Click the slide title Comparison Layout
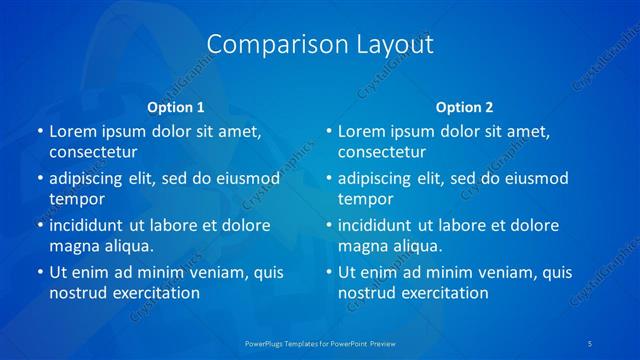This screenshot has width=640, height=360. (x=320, y=44)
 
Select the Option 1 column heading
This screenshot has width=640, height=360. (x=176, y=106)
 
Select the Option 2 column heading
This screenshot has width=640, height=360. (x=464, y=106)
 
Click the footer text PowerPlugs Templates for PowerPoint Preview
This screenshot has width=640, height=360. (x=320, y=343)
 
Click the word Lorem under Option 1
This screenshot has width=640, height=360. (x=74, y=131)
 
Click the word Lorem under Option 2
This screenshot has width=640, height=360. (x=363, y=131)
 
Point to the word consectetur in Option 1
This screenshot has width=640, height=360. (x=93, y=152)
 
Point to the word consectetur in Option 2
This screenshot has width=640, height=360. (x=382, y=152)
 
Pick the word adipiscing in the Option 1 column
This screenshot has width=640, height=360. (x=89, y=179)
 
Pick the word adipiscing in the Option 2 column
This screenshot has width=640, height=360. (x=378, y=179)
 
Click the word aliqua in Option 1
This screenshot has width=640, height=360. (x=126, y=246)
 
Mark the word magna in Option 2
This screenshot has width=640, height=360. (x=362, y=246)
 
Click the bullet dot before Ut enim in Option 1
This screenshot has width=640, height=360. (x=39, y=272)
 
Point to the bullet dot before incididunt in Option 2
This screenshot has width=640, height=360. (x=328, y=225)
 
